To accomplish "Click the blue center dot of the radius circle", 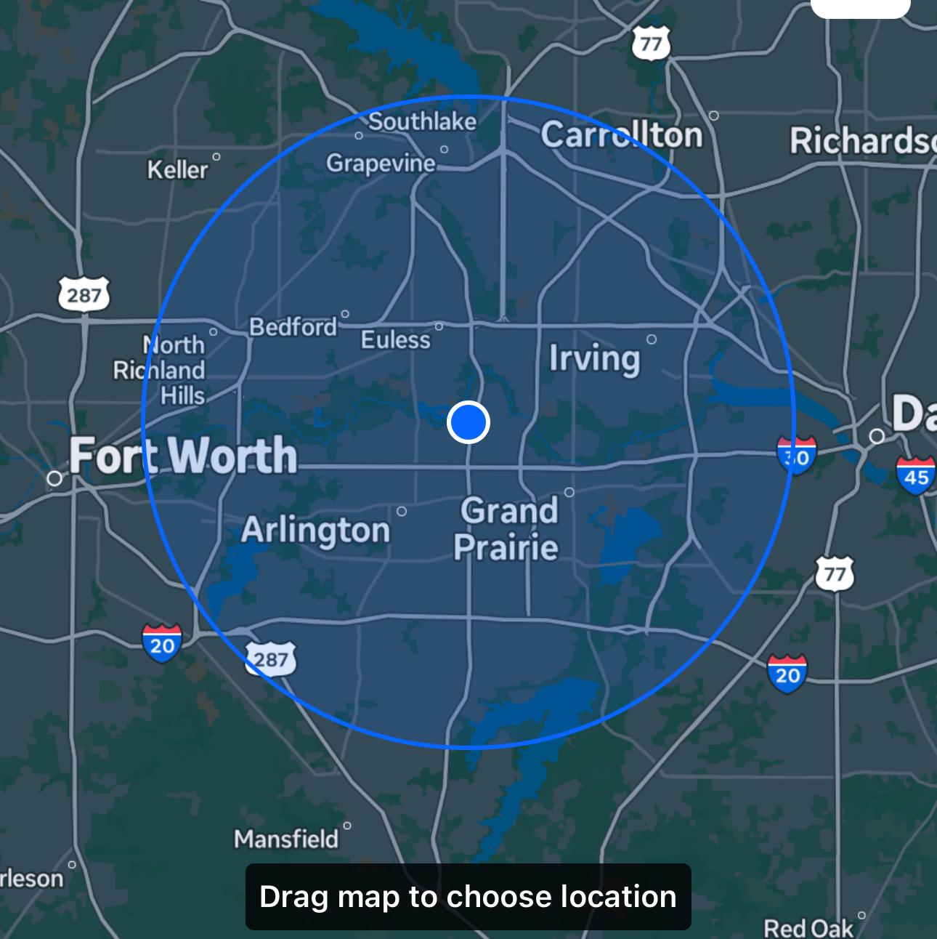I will click(468, 422).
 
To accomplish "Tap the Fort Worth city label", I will click(183, 456).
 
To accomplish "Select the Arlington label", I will click(315, 530).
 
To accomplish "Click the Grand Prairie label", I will click(507, 528).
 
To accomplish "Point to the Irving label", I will click(594, 358).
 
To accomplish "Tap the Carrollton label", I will click(621, 134).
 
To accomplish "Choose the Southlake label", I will click(423, 121).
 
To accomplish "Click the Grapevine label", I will click(380, 163).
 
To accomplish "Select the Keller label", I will click(177, 170).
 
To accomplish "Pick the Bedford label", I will click(293, 327).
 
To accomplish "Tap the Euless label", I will click(396, 339).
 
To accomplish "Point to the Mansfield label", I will click(286, 839).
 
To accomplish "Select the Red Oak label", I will click(808, 927).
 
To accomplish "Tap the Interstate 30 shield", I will click(796, 456).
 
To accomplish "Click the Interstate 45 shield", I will click(915, 476).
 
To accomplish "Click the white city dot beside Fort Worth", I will click(54, 478).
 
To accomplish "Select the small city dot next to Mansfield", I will click(347, 826).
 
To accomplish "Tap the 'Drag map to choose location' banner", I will click(468, 897).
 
